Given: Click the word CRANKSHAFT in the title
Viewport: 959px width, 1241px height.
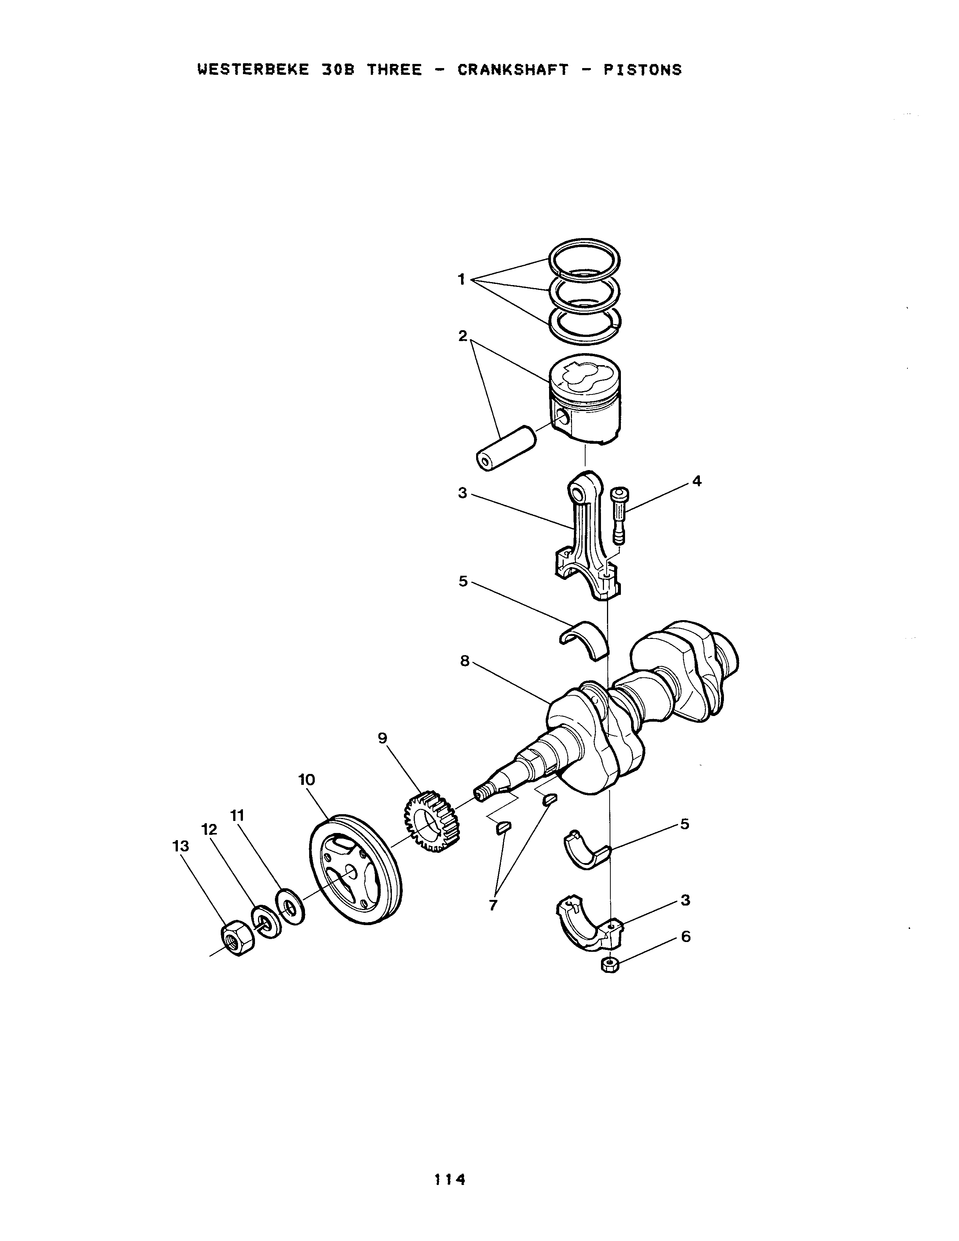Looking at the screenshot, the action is click(513, 70).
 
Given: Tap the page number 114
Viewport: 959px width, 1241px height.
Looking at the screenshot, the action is click(450, 1180).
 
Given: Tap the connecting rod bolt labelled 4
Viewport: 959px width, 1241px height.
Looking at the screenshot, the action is click(619, 516).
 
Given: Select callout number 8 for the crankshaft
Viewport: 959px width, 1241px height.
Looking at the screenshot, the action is click(465, 661).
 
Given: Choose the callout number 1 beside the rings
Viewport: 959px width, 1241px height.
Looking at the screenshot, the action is click(462, 279).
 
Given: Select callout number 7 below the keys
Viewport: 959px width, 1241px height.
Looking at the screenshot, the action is click(493, 905).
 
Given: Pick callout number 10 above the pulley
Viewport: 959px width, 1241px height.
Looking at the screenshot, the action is click(307, 780).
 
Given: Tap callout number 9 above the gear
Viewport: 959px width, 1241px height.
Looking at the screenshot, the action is click(382, 738).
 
